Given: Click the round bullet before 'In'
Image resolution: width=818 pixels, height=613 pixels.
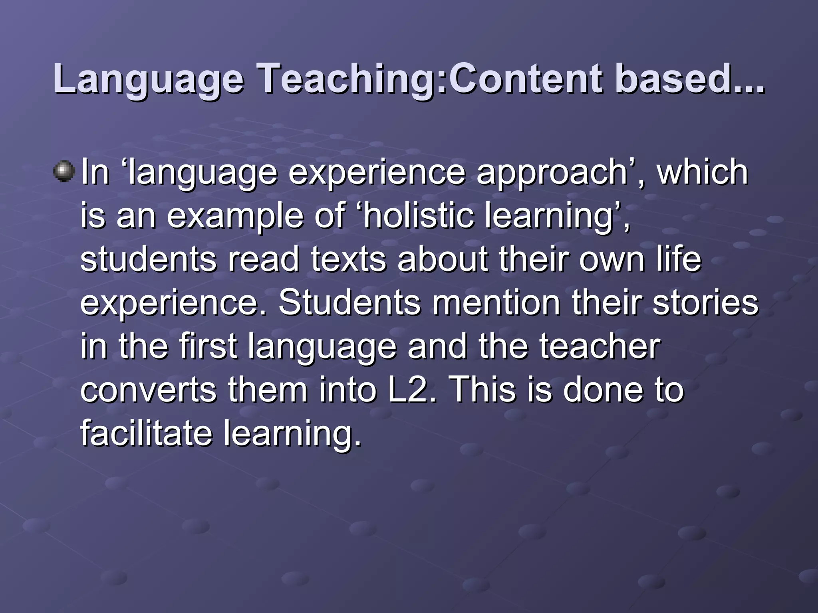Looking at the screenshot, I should [x=64, y=171].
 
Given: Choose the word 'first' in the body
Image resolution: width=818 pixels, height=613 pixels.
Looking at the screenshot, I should [x=208, y=346].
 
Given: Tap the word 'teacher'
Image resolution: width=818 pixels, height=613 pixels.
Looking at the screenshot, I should [x=600, y=346].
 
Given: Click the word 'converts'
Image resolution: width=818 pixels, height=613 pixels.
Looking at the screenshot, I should [x=148, y=390].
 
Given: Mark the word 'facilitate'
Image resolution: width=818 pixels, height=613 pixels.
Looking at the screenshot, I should [x=146, y=433].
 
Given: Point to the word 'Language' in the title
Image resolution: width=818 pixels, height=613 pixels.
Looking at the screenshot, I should [x=148, y=80].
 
